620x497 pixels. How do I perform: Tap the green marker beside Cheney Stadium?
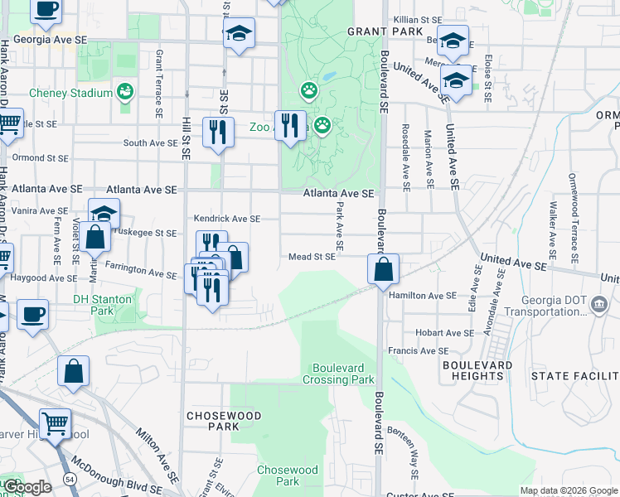(125, 91)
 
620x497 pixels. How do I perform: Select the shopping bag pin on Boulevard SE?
(384, 270)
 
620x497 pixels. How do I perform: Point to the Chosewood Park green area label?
(287, 475)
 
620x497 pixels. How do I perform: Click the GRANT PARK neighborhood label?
(373, 31)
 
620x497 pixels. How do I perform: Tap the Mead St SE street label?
(312, 257)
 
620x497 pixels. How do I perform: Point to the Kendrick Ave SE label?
(226, 219)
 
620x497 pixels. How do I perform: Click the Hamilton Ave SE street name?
(422, 295)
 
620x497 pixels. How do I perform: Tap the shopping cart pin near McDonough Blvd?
(55, 424)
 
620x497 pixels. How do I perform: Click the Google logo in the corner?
(27, 487)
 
